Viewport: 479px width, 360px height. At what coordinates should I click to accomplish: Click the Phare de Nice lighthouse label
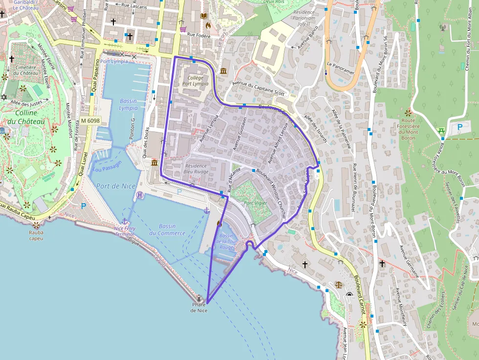(199, 307)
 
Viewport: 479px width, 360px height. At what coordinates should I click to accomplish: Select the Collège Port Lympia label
(196, 81)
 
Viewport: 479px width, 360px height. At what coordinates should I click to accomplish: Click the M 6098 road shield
(90, 121)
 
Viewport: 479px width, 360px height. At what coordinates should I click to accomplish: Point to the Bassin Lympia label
(128, 105)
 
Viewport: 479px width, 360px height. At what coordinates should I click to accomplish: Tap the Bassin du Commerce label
(167, 230)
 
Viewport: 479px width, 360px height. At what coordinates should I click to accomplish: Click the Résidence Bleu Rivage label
(196, 169)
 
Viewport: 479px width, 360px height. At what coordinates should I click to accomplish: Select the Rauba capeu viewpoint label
(36, 235)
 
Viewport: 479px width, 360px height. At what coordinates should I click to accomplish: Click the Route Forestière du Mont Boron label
(408, 128)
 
